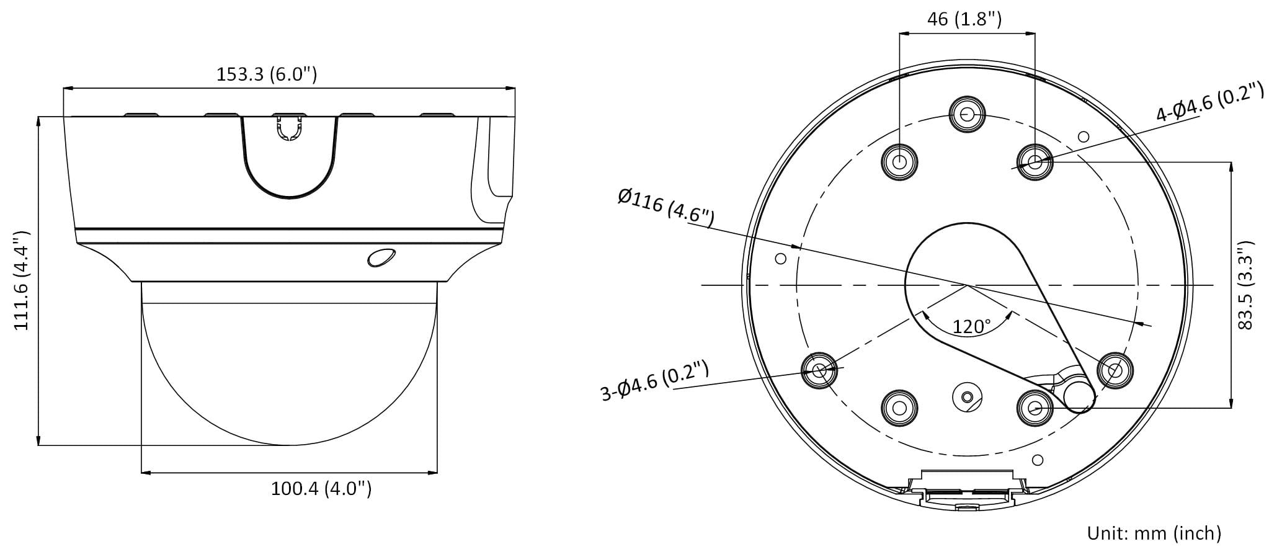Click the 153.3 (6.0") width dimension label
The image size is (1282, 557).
click(x=267, y=74)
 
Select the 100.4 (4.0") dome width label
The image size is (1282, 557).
click(x=321, y=489)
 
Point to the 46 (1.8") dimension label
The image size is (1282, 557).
click(x=964, y=19)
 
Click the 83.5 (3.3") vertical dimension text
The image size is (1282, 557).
click(x=1245, y=285)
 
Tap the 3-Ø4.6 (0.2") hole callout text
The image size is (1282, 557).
click(x=655, y=381)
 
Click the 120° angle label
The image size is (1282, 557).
click(x=972, y=326)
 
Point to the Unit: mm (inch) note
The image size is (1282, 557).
click(x=1154, y=533)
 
